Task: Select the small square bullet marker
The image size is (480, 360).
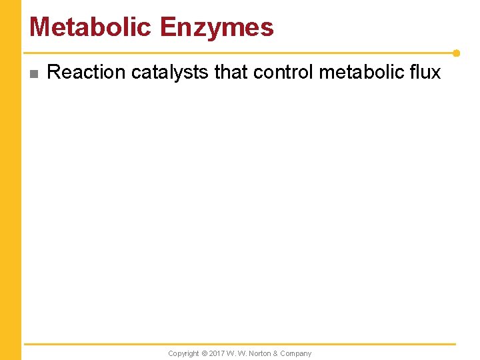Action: pos(35,73)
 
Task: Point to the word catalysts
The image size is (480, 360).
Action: pos(170,72)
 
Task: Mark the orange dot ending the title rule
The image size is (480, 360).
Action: pos(456,53)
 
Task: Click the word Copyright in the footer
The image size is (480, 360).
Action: pos(183,353)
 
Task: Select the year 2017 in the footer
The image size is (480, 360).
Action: pos(217,353)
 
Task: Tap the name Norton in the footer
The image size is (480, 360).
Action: pos(258,353)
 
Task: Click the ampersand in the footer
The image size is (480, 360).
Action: pos(275,353)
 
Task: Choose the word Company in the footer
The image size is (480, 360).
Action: pos(295,353)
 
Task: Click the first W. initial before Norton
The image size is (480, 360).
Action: pos(231,353)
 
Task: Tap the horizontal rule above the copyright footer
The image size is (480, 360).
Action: pos(240,344)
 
